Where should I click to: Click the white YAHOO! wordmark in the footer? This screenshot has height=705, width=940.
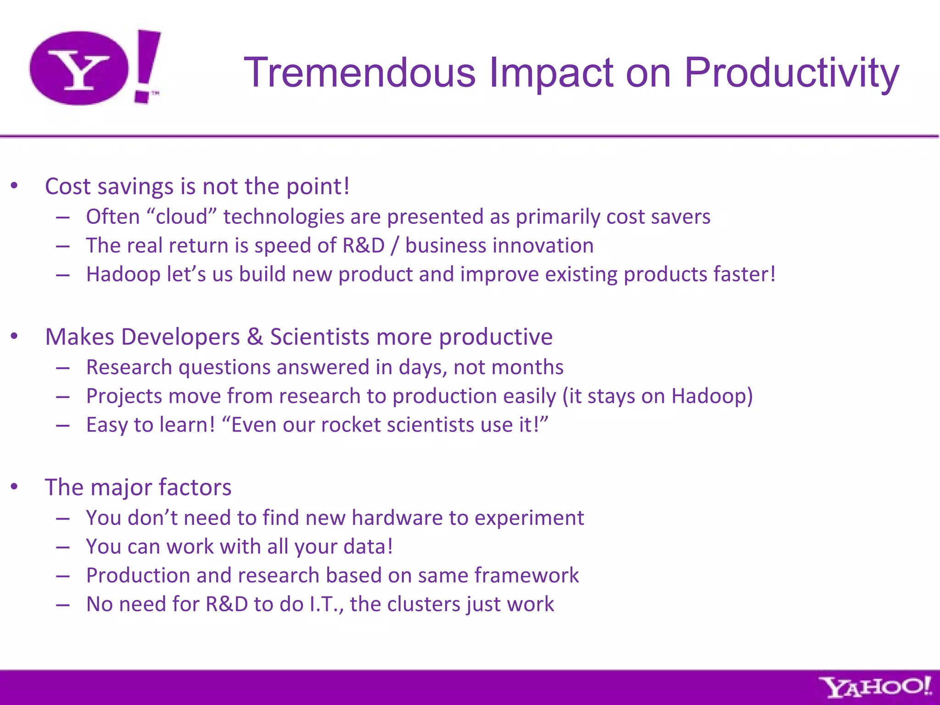pyautogui.click(x=875, y=688)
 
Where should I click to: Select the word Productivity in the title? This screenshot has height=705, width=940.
pyautogui.click(x=791, y=73)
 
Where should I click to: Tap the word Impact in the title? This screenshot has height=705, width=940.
pyautogui.click(x=551, y=73)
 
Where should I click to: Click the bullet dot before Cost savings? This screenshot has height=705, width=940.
pyautogui.click(x=14, y=186)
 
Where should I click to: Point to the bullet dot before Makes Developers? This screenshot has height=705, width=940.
pyautogui.click(x=14, y=336)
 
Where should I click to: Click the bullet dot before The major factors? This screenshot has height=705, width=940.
pyautogui.click(x=14, y=487)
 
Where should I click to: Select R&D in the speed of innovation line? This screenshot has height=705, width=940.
pyautogui.click(x=364, y=246)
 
